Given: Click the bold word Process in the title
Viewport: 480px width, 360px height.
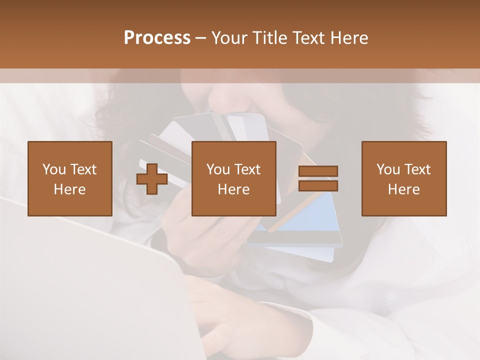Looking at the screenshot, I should (x=157, y=38).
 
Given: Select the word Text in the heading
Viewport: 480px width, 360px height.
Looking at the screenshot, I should (x=310, y=38).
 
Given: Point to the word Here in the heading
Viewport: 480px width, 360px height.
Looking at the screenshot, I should (x=350, y=38).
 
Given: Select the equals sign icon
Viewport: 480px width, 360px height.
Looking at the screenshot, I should (x=318, y=179).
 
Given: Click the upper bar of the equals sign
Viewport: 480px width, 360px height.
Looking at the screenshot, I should (x=318, y=171).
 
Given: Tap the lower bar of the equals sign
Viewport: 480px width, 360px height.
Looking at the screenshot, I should (x=318, y=186).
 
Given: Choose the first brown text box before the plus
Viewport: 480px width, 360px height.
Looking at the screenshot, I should (x=70, y=178).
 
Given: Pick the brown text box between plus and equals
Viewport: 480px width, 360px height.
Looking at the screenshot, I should (x=234, y=178).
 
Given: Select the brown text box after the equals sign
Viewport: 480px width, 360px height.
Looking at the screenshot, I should (x=404, y=178).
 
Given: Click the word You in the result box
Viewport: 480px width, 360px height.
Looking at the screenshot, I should (x=388, y=169).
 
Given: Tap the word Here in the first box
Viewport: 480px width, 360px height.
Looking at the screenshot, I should (x=70, y=189).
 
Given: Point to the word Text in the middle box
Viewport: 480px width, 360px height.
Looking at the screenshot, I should (x=248, y=169).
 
